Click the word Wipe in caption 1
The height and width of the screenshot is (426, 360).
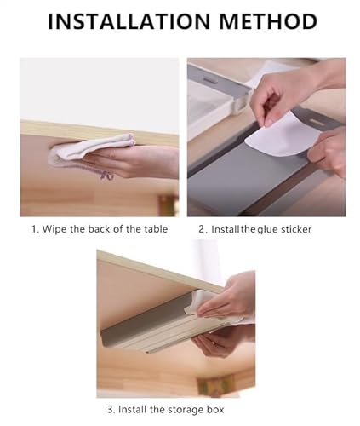[59, 229]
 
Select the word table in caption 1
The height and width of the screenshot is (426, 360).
[153, 229]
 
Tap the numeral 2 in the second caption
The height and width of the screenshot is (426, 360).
[202, 229]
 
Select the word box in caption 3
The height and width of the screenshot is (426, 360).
[223, 408]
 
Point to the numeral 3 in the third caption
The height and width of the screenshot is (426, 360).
[111, 408]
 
